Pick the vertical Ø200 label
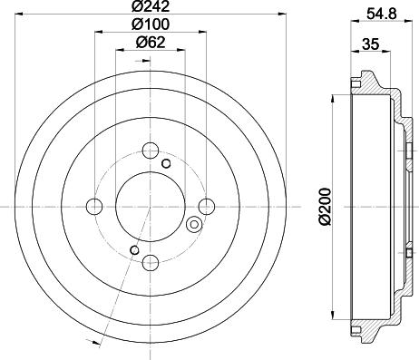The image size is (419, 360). click(x=328, y=205)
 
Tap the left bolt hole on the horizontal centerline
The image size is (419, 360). click(x=93, y=206)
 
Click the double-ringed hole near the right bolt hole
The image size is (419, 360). click(x=192, y=224)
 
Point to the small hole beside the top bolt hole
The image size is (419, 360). click(x=166, y=164)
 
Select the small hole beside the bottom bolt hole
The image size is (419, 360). click(x=133, y=250)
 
